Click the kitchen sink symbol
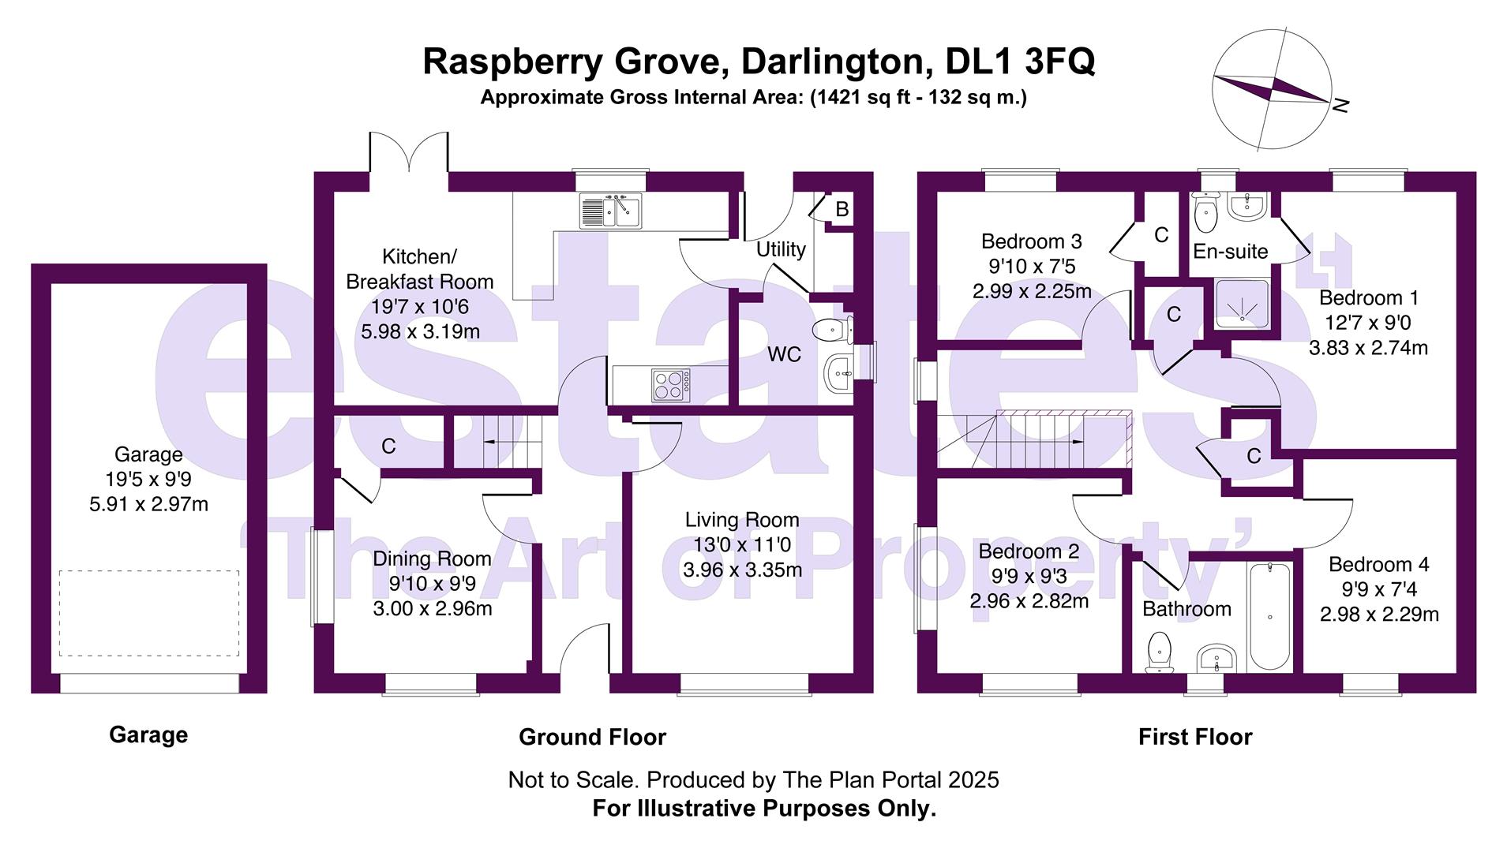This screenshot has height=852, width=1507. (x=611, y=211)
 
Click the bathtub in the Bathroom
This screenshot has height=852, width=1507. (x=1269, y=615)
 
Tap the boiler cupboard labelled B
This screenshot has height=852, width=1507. (x=842, y=209)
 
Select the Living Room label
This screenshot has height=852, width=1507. (x=741, y=520)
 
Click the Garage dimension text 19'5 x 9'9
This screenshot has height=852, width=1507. (x=148, y=479)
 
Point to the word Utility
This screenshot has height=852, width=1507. (x=780, y=249)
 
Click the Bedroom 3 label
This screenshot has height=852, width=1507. (x=1031, y=241)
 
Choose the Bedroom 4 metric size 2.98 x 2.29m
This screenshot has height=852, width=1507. (x=1378, y=614)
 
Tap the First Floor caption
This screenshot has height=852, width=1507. (x=1194, y=737)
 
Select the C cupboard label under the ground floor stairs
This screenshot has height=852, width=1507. (x=388, y=447)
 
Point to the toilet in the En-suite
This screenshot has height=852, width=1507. (x=1205, y=211)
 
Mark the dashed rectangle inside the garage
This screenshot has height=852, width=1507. (x=148, y=613)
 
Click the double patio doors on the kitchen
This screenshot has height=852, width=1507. (x=408, y=154)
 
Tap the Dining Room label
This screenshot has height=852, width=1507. (x=432, y=559)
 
